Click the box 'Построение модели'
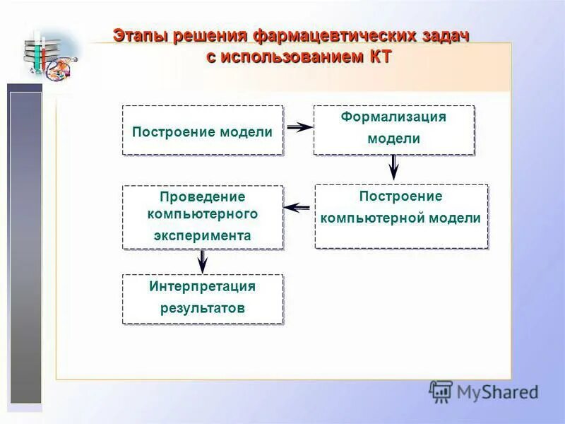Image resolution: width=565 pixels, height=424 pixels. pos(203,131)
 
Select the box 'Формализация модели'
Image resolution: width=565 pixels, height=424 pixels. pos(393,130)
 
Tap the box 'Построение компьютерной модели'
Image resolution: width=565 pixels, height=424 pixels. pos(400,216)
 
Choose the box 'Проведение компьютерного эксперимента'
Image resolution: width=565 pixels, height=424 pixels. pos(203,217)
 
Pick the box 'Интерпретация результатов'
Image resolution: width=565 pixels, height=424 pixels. pos(203,299)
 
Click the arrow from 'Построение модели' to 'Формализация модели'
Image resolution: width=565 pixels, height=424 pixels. pos(299,127)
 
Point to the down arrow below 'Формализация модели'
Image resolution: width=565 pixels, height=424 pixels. pos(394,167)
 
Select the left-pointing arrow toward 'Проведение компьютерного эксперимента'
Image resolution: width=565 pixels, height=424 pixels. pos(297,207)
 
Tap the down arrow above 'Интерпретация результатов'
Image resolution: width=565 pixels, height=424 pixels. pos(203,261)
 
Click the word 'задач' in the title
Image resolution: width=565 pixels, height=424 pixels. pos(445,36)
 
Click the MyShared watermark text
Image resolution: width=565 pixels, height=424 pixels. pos(497,391)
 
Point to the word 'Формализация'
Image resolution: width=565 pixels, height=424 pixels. pos(393,117)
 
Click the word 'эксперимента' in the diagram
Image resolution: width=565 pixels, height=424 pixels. pos(203,236)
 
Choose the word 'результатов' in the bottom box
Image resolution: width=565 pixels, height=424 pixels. pos(203,308)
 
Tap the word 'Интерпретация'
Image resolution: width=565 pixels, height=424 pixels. pos(203,286)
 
